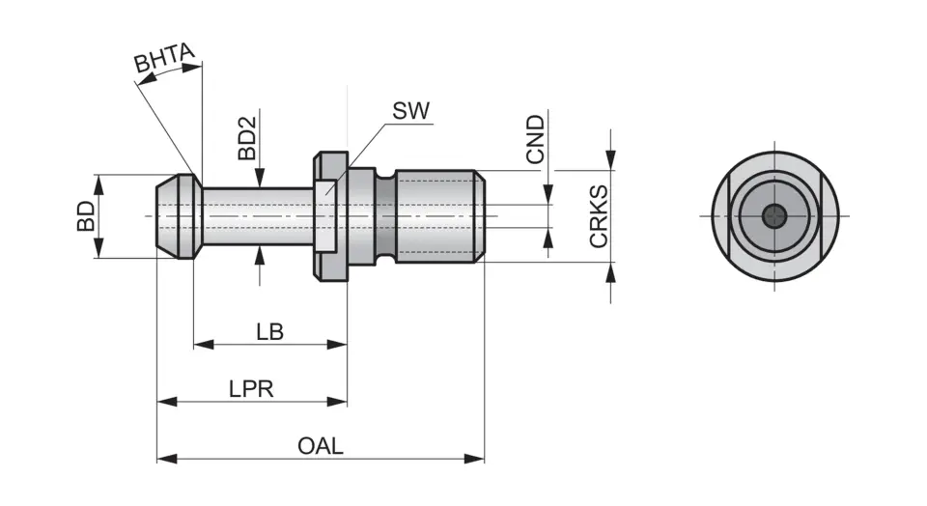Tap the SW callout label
pyautogui.click(x=410, y=109)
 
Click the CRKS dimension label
pyautogui.click(x=599, y=217)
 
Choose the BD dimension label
pyautogui.click(x=87, y=216)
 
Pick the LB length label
pyautogui.click(x=269, y=332)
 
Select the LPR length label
pyautogui.click(x=251, y=389)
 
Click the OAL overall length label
pyautogui.click(x=320, y=446)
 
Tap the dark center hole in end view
pyautogui.click(x=774, y=216)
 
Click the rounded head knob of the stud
pyautogui.click(x=179, y=216)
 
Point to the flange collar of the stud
pyautogui.click(x=329, y=216)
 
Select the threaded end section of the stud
pyautogui.click(x=439, y=216)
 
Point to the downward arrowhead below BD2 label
pyautogui.click(x=259, y=179)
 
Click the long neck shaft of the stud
pyautogui.click(x=257, y=216)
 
